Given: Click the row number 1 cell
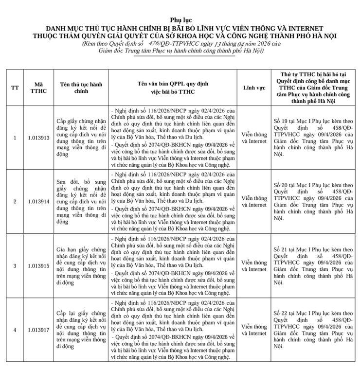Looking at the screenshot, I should [x=15, y=138].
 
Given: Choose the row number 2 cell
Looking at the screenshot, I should [x=15, y=201].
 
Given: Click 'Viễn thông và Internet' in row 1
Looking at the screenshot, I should [x=254, y=138].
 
